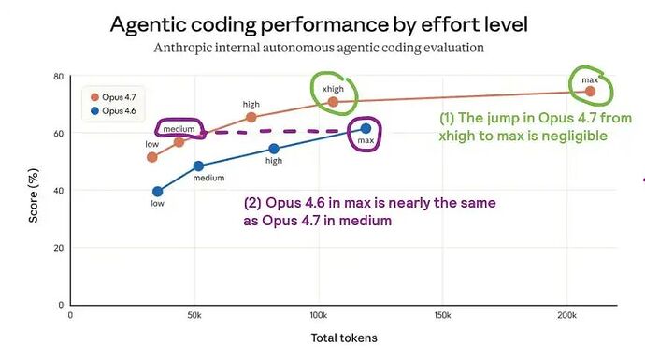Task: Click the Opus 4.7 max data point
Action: click(590, 92)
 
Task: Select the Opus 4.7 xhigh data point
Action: click(333, 102)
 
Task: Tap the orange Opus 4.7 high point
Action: click(251, 117)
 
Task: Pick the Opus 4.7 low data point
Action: click(152, 157)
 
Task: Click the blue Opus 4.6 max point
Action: click(365, 129)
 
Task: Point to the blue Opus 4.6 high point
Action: click(274, 149)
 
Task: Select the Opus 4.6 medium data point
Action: click(198, 166)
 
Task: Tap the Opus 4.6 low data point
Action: click(158, 192)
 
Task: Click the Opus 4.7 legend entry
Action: click(113, 97)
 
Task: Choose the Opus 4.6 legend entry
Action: click(113, 110)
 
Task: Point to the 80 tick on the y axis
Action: click(58, 77)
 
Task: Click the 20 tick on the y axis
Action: click(58, 248)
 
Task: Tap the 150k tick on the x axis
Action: click(442, 315)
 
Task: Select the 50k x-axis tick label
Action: click(194, 315)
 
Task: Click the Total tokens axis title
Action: click(344, 338)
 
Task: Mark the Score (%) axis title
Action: click(34, 195)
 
